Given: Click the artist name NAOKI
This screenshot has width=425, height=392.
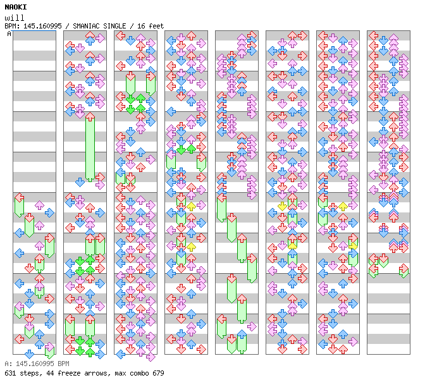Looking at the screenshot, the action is tap(16, 7).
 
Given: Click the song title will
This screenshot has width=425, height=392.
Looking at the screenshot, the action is tap(15, 18).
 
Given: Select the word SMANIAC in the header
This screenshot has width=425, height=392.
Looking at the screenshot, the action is tap(85, 26).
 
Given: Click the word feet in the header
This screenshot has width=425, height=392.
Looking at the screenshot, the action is tap(156, 26).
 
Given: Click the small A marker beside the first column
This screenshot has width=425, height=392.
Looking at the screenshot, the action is tap(9, 34).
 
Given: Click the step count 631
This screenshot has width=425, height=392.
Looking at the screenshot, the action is tap(10, 373).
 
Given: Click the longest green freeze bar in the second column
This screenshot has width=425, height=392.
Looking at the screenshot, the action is tap(90, 148).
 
